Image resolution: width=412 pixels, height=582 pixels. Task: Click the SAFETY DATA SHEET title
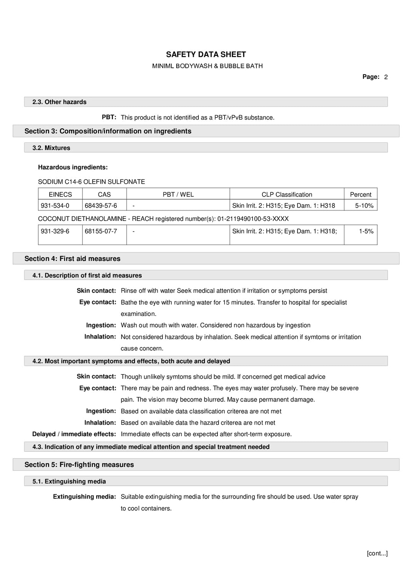click(x=206, y=54)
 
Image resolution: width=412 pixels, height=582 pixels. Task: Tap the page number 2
click(x=386, y=77)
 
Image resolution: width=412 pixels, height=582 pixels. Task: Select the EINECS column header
click(x=60, y=194)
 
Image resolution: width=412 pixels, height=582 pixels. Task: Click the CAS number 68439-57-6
click(x=101, y=206)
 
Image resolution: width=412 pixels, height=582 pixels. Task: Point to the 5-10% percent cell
click(x=364, y=206)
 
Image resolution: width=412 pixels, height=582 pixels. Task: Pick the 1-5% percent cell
click(x=366, y=231)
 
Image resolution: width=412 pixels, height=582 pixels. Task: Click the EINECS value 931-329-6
click(x=55, y=231)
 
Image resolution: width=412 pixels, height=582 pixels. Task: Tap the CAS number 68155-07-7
click(x=101, y=231)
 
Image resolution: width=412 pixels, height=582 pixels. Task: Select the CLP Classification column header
click(x=286, y=194)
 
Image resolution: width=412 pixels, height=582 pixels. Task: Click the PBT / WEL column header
click(x=178, y=194)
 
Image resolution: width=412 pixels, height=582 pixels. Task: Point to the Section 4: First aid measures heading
click(x=72, y=259)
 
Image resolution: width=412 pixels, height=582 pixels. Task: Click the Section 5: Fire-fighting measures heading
click(x=79, y=465)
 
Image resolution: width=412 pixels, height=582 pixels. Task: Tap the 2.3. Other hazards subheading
click(x=60, y=102)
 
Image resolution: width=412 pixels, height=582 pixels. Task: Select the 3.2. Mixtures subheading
click(x=51, y=148)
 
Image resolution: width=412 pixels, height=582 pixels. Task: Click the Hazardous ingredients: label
click(x=73, y=167)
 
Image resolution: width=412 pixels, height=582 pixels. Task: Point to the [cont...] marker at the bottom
click(x=377, y=553)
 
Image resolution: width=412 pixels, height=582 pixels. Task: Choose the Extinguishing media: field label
click(x=84, y=497)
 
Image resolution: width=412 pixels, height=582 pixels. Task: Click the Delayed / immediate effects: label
click(x=74, y=434)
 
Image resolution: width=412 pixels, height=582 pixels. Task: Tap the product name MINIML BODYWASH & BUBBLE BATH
click(x=207, y=66)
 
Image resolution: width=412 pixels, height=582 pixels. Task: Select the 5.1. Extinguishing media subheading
click(x=69, y=481)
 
